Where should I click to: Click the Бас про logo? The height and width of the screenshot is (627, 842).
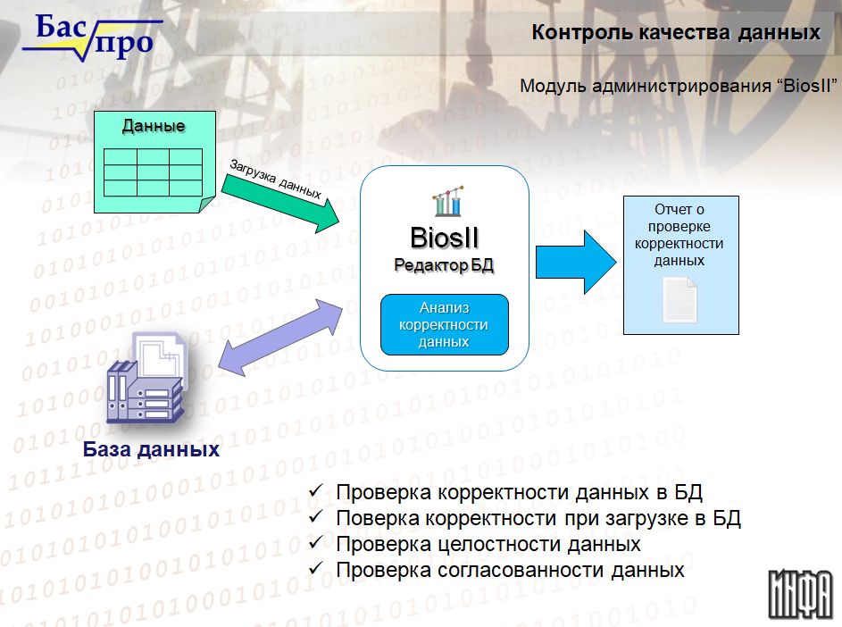pyautogui.click(x=92, y=38)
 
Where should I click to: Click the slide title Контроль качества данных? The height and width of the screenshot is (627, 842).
pyautogui.click(x=676, y=32)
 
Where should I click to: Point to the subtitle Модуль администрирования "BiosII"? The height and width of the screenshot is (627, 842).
pyautogui.click(x=679, y=86)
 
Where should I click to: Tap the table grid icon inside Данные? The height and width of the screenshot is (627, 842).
pyautogui.click(x=153, y=172)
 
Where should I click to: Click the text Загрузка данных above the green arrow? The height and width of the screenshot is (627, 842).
pyautogui.click(x=276, y=179)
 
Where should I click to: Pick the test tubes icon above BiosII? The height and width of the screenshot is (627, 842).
pyautogui.click(x=448, y=201)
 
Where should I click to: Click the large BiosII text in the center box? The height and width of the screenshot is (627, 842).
pyautogui.click(x=444, y=238)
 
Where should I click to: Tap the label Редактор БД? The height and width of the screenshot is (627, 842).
pyautogui.click(x=444, y=265)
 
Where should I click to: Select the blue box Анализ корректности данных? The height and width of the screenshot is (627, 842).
pyautogui.click(x=445, y=324)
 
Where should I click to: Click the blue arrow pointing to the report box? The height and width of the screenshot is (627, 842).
pyautogui.click(x=576, y=263)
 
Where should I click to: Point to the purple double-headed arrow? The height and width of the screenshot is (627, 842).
pyautogui.click(x=279, y=338)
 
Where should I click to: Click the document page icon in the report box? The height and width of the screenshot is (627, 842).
pyautogui.click(x=679, y=300)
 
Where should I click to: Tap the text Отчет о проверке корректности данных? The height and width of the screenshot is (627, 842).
pyautogui.click(x=679, y=235)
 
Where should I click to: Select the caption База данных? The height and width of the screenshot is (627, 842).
pyautogui.click(x=152, y=449)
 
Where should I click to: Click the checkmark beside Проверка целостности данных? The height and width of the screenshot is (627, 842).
pyautogui.click(x=316, y=542)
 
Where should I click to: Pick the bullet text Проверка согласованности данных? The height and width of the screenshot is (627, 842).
pyautogui.click(x=510, y=570)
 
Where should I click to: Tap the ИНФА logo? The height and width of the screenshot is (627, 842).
pyautogui.click(x=801, y=594)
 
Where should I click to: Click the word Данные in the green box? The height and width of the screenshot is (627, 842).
pyautogui.click(x=154, y=126)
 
